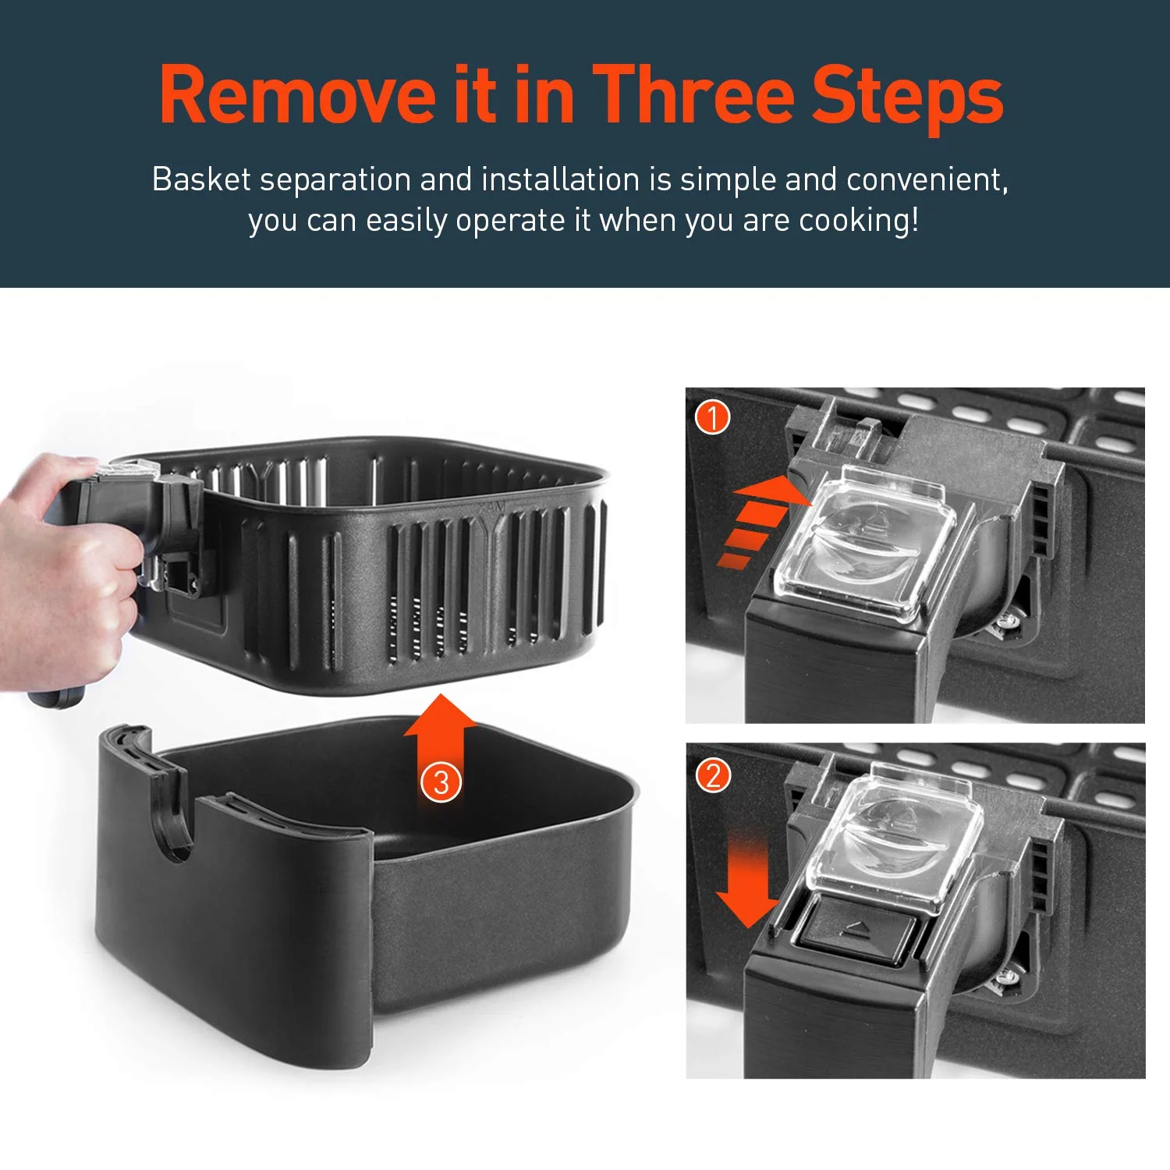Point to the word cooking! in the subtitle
(859, 221)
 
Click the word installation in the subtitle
(560, 179)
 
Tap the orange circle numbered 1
(712, 417)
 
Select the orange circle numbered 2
(713, 776)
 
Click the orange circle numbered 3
(441, 782)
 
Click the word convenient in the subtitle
(927, 181)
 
